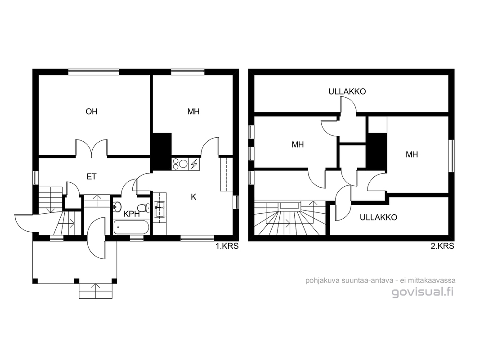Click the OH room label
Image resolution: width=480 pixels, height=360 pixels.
coord(91,112)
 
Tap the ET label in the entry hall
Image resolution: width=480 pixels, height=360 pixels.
coord(91,177)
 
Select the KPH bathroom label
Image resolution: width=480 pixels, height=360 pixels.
coord(132,214)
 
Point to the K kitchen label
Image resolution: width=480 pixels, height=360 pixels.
coord(193,197)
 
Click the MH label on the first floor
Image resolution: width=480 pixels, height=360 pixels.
coord(193,112)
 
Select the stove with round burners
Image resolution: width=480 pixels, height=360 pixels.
coord(180,164)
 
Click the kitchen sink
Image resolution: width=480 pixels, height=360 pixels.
coord(159,209)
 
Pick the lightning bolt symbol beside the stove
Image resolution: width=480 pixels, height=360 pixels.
coord(194,164)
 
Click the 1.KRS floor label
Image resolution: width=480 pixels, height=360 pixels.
coord(227,246)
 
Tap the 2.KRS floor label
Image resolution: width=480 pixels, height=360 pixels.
coord(443,246)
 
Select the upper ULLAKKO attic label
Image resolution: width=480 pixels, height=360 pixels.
coord(347,91)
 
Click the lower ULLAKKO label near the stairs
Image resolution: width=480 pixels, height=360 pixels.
coord(378,217)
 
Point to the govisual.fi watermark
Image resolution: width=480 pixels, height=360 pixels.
coord(422,292)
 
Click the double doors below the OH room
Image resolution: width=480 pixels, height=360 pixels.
coord(91,148)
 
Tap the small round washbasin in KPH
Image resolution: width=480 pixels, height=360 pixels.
coord(117,207)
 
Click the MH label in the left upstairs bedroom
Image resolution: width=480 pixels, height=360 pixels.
coord(297,144)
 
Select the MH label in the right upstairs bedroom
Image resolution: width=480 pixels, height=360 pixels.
coord(412,155)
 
